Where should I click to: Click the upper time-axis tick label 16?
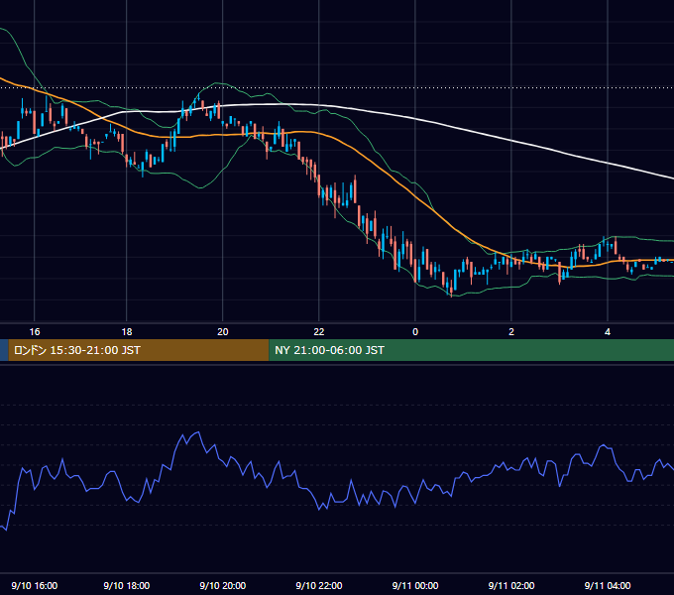click(x=35, y=332)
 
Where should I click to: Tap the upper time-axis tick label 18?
click(x=127, y=332)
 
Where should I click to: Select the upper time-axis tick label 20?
click(x=223, y=332)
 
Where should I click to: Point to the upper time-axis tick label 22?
click(x=319, y=332)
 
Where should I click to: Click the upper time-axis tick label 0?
click(x=415, y=332)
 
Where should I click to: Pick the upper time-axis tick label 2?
click(x=511, y=332)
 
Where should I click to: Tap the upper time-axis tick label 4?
click(x=608, y=332)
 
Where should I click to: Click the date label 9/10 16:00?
click(x=35, y=585)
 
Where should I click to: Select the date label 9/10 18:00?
click(x=127, y=585)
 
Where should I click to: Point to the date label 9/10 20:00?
click(x=223, y=585)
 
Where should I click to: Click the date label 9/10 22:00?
click(x=319, y=585)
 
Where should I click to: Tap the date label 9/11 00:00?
click(x=415, y=585)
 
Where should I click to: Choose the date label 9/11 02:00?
click(x=511, y=585)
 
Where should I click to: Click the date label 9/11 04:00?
click(x=608, y=585)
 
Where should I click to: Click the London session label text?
click(x=77, y=350)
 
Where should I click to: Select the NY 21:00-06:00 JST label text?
click(x=330, y=350)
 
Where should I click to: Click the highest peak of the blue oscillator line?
click(x=198, y=432)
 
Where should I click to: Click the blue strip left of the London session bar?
click(x=4, y=350)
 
